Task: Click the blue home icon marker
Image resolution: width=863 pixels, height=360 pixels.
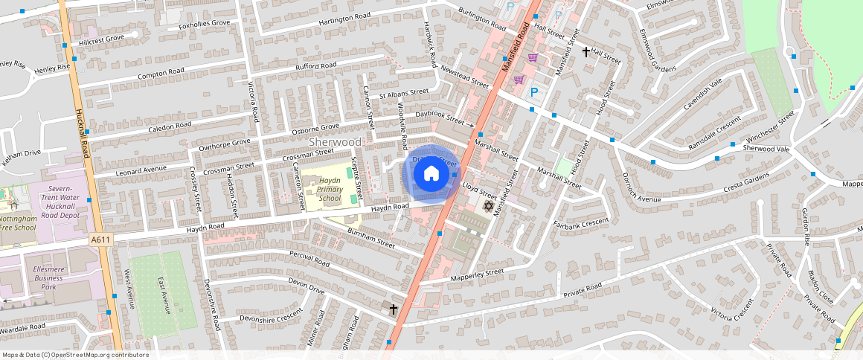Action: click(431, 175)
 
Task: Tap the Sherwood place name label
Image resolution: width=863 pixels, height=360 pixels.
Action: click(335, 141)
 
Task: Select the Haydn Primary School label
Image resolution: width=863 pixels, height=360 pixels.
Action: click(330, 190)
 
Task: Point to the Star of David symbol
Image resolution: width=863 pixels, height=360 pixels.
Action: click(489, 205)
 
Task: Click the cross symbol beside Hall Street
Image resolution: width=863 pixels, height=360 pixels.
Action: click(586, 51)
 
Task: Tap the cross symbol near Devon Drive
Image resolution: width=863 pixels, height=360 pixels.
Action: click(394, 308)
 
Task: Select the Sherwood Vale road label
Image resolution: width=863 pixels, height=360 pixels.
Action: click(766, 148)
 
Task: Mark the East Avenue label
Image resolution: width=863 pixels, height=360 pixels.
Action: click(162, 295)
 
